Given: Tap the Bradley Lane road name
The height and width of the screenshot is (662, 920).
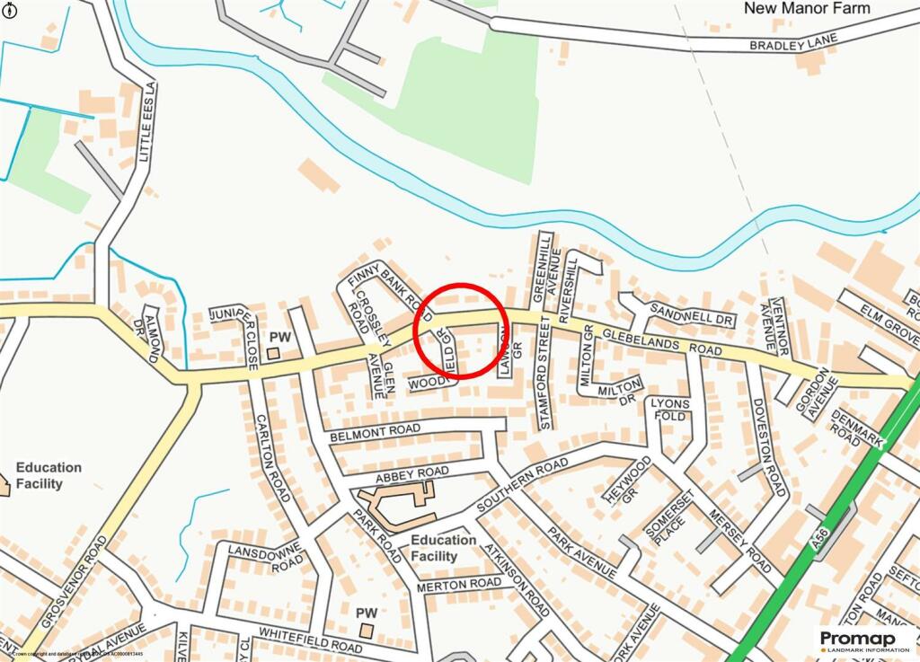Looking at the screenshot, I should (794, 41).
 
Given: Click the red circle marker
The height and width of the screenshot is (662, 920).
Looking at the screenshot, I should (462, 329).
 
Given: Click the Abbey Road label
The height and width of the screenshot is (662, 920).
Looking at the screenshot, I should (411, 472).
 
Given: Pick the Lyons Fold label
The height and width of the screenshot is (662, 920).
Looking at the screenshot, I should (669, 410).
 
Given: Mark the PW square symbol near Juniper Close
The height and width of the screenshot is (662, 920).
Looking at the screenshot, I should (273, 353).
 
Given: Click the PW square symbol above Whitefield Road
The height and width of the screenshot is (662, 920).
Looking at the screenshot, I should (366, 631).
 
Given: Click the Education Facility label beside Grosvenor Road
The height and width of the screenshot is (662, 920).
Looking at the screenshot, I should (49, 475).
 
